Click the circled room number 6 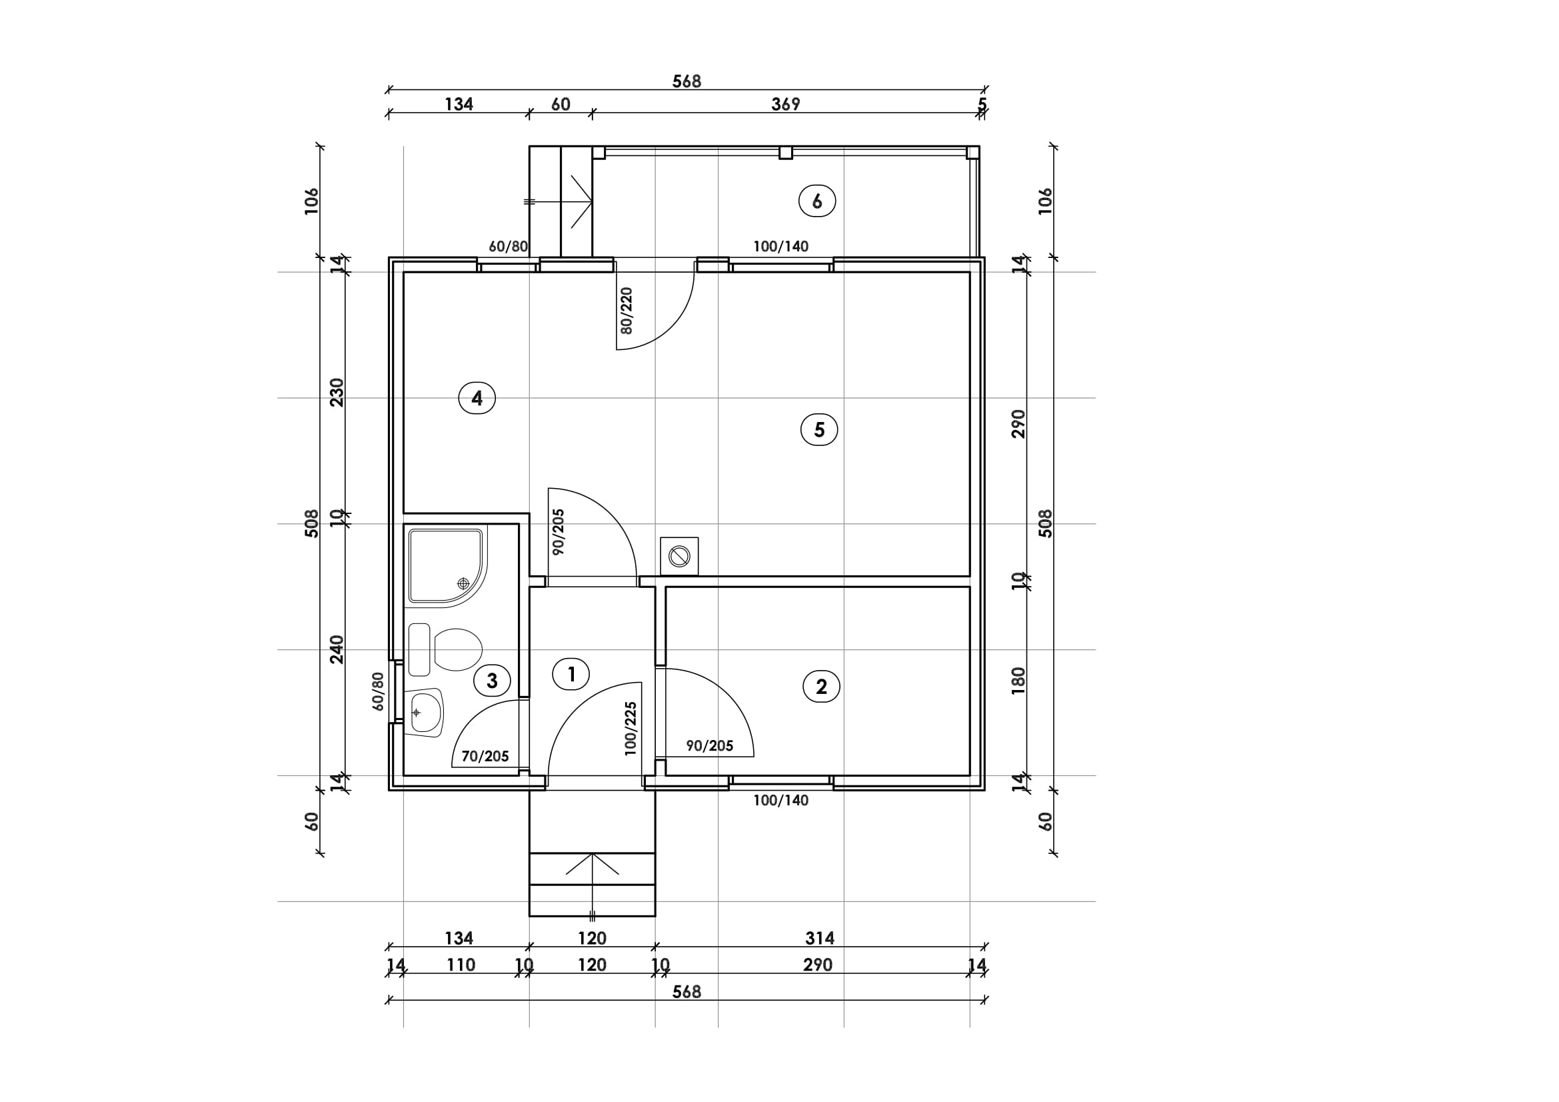point(817,201)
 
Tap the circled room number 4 point(477,398)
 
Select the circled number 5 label point(819,429)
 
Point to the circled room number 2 point(821,687)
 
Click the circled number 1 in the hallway point(571,674)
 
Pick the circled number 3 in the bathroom point(493,681)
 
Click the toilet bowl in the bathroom point(457,649)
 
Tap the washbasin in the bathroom point(425,713)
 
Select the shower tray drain point(463,583)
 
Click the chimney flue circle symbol point(679,557)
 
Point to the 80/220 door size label point(626,310)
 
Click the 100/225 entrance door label point(631,729)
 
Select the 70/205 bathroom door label point(485,756)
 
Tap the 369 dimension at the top point(786,104)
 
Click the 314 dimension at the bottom point(820,938)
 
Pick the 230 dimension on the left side point(337,393)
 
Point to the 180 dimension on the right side point(1018,681)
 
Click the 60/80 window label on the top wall point(508,246)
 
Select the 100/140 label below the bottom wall point(781,800)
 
